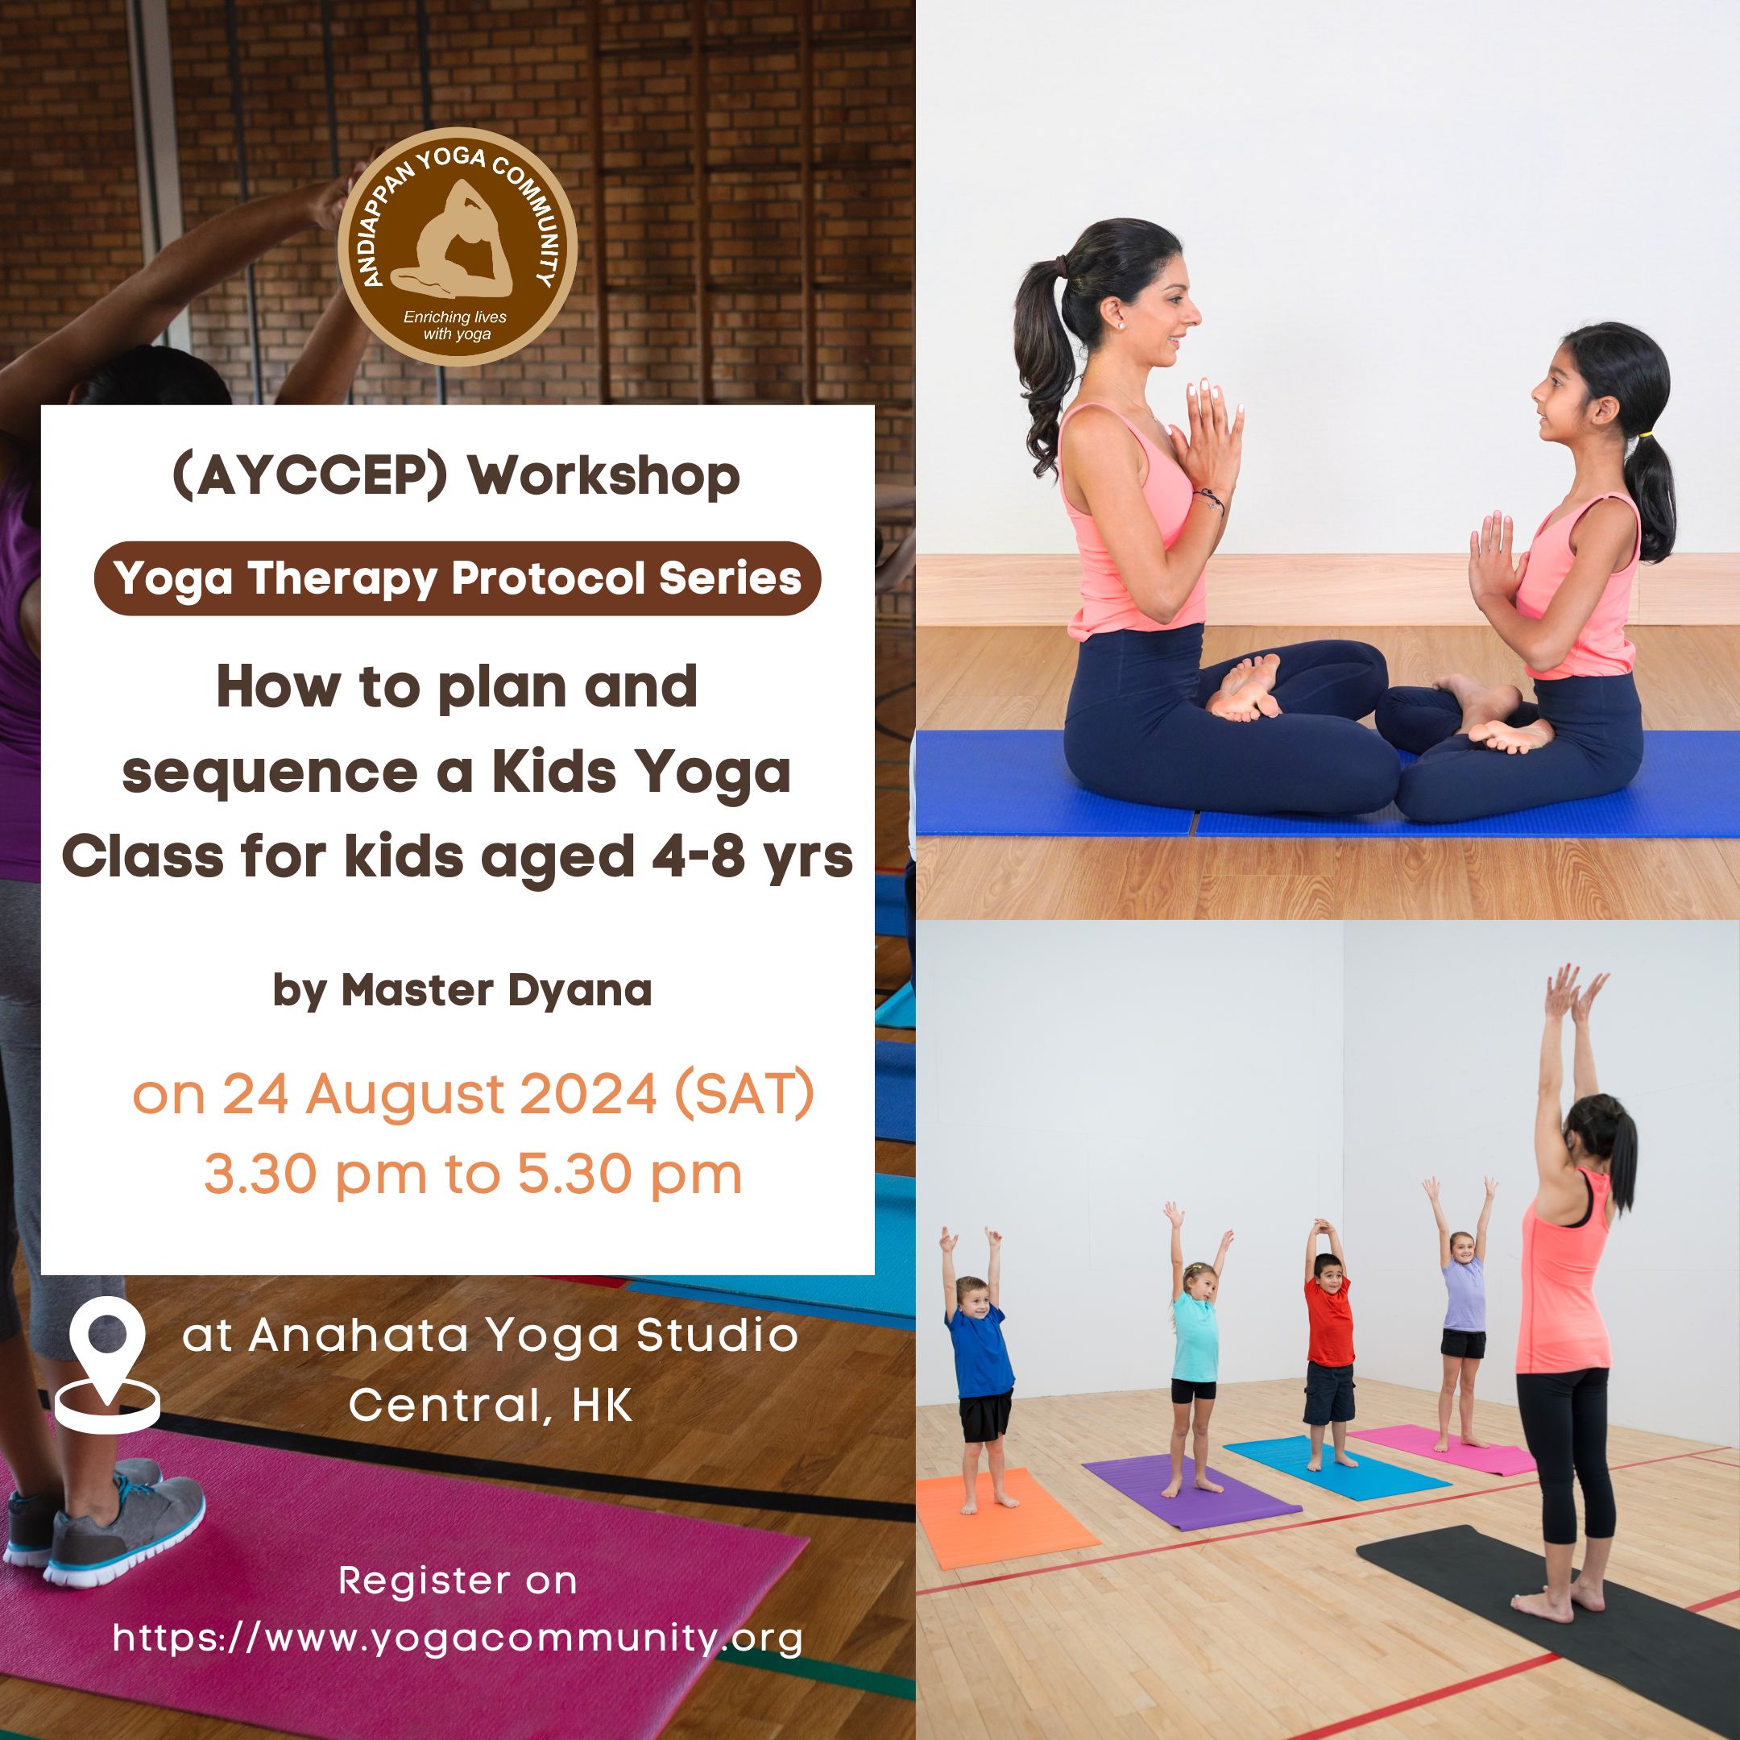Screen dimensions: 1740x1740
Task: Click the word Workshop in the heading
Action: [603, 476]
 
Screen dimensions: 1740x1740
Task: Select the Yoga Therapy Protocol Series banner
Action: [458, 578]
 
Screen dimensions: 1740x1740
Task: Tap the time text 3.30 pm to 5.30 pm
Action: [473, 1175]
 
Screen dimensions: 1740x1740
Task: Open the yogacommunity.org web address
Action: [458, 1638]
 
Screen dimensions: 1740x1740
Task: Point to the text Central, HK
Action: [491, 1406]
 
